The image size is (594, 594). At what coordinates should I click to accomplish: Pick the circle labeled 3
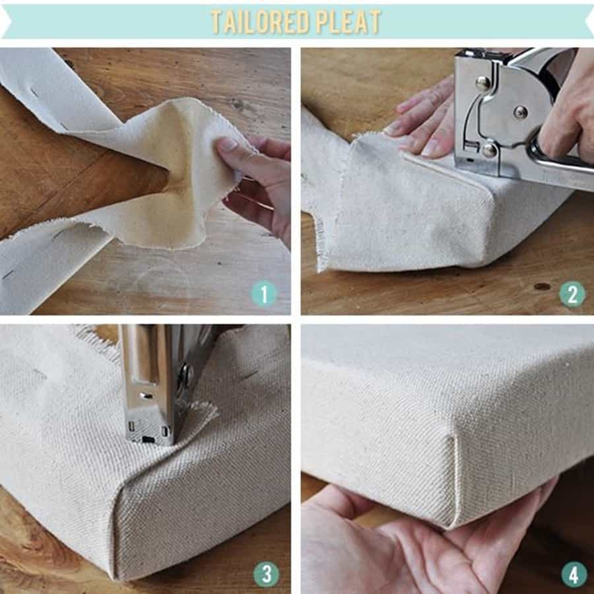tap(265, 574)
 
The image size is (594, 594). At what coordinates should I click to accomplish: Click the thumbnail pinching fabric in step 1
tap(226, 144)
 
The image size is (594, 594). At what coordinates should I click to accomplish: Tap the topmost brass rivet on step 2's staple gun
tap(482, 83)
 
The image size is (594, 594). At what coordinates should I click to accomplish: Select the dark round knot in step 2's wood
tap(543, 286)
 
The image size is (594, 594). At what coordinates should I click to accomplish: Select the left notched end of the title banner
tap(5, 22)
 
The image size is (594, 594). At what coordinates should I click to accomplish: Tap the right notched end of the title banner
tap(588, 22)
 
